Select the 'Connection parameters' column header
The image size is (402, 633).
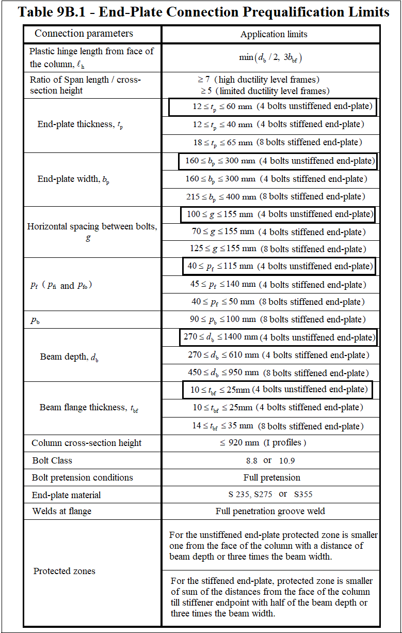click(84, 34)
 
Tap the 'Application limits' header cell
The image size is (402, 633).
click(274, 35)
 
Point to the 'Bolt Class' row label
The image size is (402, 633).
click(52, 460)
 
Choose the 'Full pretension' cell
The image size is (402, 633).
click(271, 477)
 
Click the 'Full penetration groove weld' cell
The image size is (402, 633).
click(270, 511)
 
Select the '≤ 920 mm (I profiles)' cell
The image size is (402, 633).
click(263, 443)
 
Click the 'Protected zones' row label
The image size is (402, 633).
click(65, 571)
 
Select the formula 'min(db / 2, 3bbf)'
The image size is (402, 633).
click(270, 57)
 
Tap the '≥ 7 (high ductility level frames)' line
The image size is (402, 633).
click(259, 80)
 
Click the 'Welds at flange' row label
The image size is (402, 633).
click(61, 511)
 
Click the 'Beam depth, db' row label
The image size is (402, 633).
click(69, 357)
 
